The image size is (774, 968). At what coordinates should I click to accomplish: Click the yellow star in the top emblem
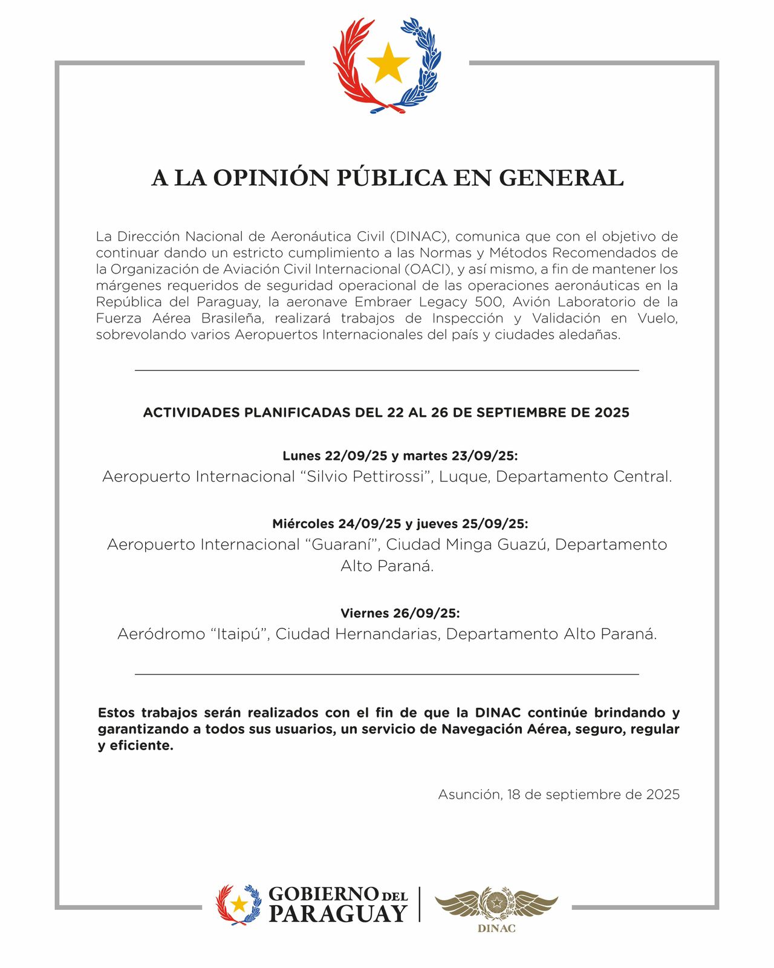point(387,63)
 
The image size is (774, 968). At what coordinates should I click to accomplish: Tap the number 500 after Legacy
point(489,301)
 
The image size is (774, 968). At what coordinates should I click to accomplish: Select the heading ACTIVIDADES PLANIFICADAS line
point(386,413)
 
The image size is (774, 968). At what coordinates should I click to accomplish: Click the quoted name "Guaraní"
point(342,544)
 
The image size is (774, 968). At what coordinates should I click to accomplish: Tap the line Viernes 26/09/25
point(400,613)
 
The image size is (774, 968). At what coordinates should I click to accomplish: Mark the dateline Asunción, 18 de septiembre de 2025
point(559,794)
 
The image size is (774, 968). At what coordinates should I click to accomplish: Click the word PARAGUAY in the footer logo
point(337,914)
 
